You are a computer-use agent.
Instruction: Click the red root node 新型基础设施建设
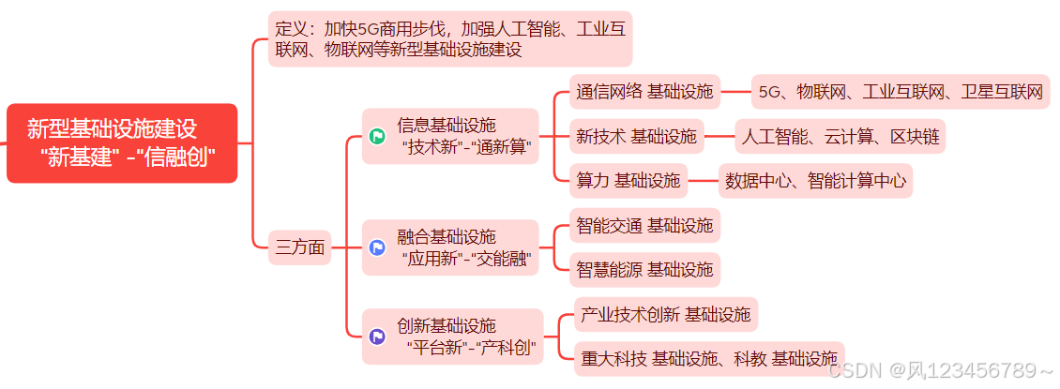(x=121, y=142)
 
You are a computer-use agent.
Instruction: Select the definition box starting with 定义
(x=450, y=38)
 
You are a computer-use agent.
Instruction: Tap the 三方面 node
(x=300, y=247)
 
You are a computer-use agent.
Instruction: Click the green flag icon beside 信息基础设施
(x=377, y=136)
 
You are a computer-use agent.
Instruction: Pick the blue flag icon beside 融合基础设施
(x=377, y=247)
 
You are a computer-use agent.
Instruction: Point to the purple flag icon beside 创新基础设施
(x=377, y=337)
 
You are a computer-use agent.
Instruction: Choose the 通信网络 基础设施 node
(x=644, y=92)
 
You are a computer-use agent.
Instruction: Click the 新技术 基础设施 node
(x=637, y=137)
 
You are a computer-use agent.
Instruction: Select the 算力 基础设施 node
(x=628, y=181)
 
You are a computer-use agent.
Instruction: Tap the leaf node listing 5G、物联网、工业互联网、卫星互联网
(x=901, y=92)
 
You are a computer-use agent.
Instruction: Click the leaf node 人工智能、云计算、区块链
(x=840, y=137)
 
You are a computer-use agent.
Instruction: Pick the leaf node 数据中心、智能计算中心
(x=815, y=181)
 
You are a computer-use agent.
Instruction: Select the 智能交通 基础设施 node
(x=644, y=225)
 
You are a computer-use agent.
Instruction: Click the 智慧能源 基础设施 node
(x=644, y=270)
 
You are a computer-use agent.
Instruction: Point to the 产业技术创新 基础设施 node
(x=665, y=315)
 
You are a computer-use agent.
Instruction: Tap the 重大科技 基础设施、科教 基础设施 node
(x=708, y=359)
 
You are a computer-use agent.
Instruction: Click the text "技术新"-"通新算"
(x=465, y=146)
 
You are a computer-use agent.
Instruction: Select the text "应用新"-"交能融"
(x=465, y=258)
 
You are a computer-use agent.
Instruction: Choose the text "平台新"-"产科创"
(x=471, y=348)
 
